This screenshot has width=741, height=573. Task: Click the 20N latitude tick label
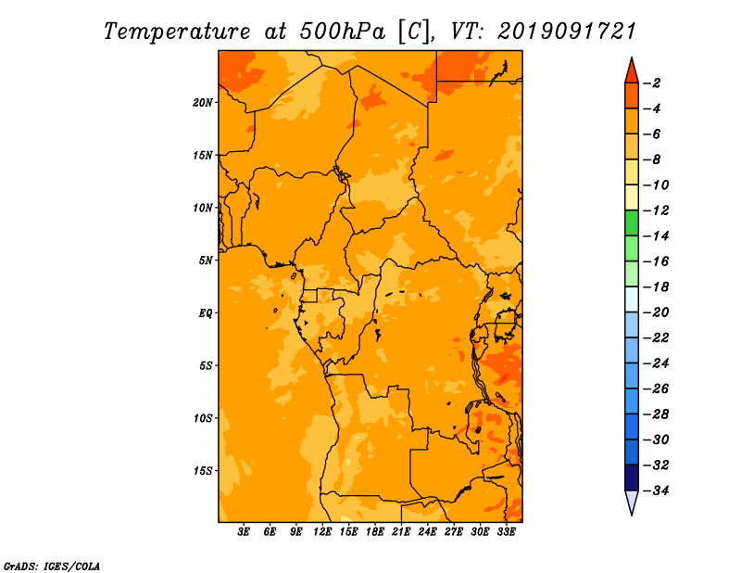203,103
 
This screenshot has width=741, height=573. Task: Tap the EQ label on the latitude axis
205,313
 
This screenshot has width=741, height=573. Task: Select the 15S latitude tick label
203,471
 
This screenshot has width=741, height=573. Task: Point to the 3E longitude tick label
244,531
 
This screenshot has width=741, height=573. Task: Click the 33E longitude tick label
506,531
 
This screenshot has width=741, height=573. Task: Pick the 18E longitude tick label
375,531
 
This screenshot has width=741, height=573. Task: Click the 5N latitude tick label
206,261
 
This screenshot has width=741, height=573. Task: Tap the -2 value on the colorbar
652,83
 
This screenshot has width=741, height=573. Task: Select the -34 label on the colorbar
656,490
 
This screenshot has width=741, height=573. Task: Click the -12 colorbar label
656,210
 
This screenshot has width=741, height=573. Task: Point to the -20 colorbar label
656,312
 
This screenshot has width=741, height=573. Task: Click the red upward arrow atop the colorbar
632,71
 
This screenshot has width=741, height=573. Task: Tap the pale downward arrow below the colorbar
632,502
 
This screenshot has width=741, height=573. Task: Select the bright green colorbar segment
632,223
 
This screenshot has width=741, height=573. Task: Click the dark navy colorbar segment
632,477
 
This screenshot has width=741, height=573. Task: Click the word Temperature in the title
176,32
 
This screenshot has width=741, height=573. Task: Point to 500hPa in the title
342,32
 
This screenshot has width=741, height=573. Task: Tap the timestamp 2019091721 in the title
567,32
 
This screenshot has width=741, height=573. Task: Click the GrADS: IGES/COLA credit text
52,567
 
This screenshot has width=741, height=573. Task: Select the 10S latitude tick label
203,418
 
